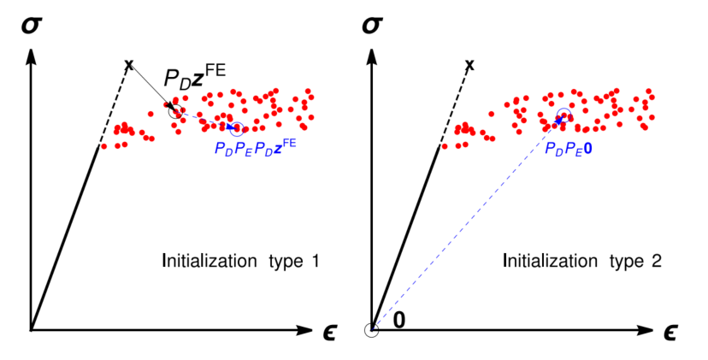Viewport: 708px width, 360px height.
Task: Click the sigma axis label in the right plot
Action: click(372, 27)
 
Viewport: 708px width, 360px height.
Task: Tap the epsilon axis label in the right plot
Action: click(673, 330)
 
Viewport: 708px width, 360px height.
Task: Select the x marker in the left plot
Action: click(129, 64)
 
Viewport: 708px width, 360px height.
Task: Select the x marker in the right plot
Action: click(469, 64)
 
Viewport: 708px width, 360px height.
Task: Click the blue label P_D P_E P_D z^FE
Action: click(256, 147)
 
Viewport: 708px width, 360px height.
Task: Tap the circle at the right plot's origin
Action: click(372, 330)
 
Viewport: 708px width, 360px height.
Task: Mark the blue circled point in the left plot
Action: click(237, 129)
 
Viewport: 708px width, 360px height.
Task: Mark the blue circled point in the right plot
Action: click(563, 117)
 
